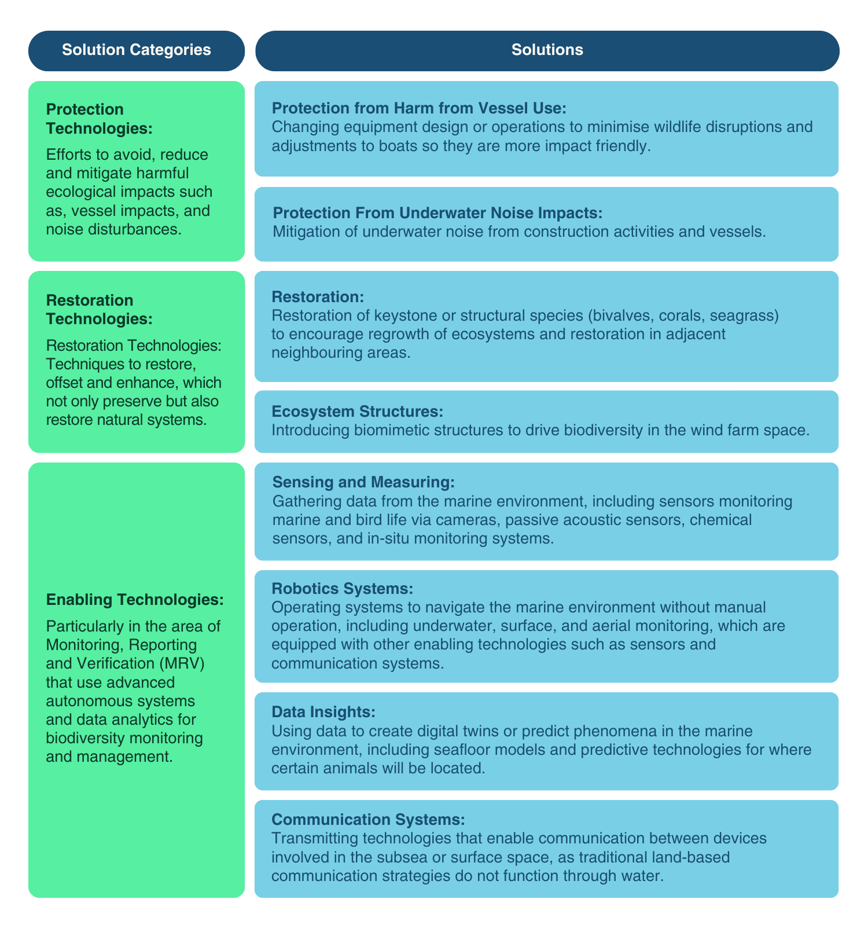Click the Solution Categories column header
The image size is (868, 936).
(136, 50)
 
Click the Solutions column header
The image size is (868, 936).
(547, 50)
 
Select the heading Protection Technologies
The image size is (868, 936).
(99, 119)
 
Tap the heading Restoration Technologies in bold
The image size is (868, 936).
(99, 310)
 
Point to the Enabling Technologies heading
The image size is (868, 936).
(135, 600)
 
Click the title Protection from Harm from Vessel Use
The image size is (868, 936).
(419, 108)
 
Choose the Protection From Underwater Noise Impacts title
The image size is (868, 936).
(437, 213)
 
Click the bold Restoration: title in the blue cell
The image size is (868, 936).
(318, 297)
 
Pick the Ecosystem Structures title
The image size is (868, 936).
(357, 412)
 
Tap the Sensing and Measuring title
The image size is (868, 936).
(363, 482)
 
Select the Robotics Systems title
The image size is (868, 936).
(342, 589)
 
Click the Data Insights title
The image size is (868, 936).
(323, 712)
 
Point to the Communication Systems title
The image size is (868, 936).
(368, 820)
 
